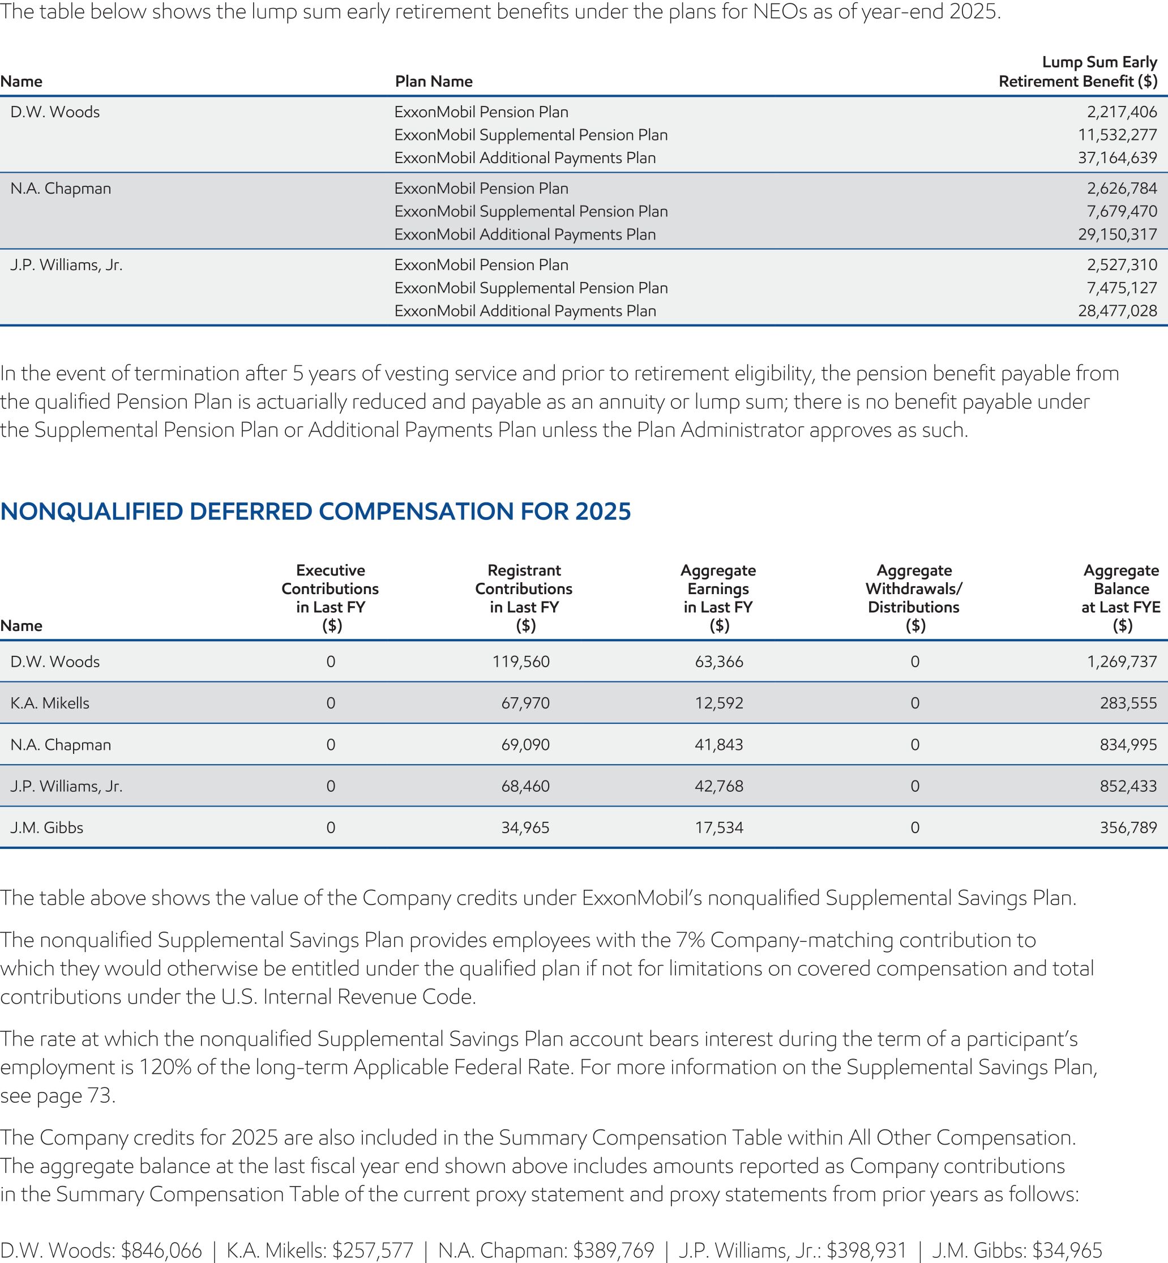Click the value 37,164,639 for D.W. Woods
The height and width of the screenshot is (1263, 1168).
click(1117, 158)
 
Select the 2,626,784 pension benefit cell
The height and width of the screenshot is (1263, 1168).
click(1121, 189)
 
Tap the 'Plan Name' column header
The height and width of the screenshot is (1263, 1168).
click(434, 82)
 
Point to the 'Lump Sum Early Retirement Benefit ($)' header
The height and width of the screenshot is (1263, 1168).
click(1077, 72)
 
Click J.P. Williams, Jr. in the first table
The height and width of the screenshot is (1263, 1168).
click(66, 265)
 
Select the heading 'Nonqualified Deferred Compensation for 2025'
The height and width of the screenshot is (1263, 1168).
click(315, 511)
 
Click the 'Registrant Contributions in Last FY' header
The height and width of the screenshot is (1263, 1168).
click(523, 598)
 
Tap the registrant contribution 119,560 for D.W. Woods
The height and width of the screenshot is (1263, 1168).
click(521, 662)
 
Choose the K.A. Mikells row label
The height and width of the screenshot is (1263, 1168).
click(50, 703)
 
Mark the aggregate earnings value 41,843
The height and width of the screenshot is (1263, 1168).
click(718, 745)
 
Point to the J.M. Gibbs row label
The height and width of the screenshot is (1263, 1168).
click(47, 827)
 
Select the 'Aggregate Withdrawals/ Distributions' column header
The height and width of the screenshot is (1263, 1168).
click(913, 598)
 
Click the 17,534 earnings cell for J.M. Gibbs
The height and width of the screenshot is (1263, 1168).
click(718, 827)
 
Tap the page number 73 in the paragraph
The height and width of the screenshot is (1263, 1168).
click(100, 1095)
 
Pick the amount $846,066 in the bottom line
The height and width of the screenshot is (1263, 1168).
click(161, 1250)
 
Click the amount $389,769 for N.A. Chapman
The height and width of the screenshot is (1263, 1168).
click(613, 1250)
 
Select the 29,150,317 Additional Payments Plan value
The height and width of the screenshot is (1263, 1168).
click(1117, 234)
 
